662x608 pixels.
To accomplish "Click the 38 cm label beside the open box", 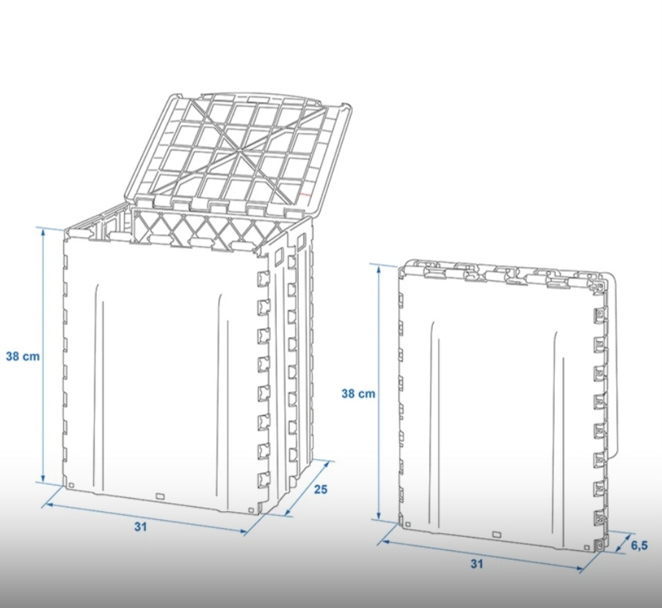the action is click(23, 356).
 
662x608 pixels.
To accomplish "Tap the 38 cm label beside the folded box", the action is click(358, 394).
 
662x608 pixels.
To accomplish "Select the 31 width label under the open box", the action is click(141, 527).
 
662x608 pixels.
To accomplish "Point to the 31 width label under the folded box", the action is click(476, 564).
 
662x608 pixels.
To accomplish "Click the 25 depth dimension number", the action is click(321, 489).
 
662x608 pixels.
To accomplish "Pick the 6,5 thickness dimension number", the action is click(640, 546).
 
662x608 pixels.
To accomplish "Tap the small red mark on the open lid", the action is click(307, 195).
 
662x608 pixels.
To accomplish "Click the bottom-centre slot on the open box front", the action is click(160, 497).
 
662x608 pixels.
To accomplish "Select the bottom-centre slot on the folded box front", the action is click(496, 535).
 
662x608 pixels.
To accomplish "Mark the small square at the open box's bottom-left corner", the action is click(71, 486).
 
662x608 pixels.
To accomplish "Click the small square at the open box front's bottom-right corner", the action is click(251, 510).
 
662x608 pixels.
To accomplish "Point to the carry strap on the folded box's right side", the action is click(614, 363).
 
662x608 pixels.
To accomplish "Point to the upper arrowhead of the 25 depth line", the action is click(327, 464).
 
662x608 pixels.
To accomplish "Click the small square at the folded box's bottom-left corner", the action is click(407, 524).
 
